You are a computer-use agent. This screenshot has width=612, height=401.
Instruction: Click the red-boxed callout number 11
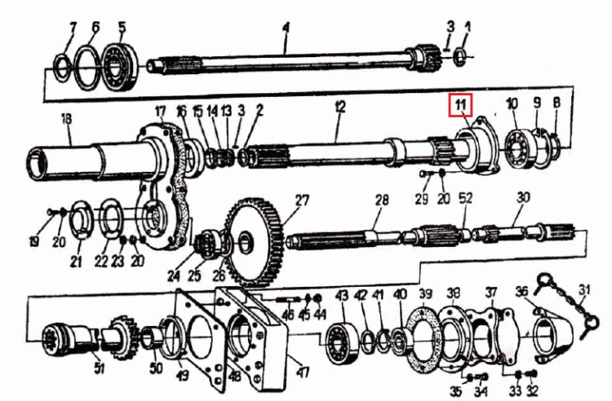(461, 105)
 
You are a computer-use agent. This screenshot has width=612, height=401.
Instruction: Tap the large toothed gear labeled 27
(254, 242)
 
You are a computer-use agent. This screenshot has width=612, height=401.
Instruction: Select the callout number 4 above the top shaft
(286, 29)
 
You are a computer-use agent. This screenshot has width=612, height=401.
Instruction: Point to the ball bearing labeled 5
(120, 69)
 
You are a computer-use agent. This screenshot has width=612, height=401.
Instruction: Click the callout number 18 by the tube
(67, 119)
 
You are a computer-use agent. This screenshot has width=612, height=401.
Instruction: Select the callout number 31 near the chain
(584, 290)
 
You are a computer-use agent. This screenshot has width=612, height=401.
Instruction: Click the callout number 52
(466, 198)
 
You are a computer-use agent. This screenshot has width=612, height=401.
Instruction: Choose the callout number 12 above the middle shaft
(340, 107)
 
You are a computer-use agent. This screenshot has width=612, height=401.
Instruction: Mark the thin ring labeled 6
(87, 68)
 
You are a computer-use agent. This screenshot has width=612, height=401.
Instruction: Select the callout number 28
(382, 200)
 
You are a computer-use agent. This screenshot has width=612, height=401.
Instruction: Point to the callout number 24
(174, 275)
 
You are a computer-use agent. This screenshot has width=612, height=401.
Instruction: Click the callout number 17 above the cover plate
(161, 111)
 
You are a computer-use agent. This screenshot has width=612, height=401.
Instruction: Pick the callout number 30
(523, 197)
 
